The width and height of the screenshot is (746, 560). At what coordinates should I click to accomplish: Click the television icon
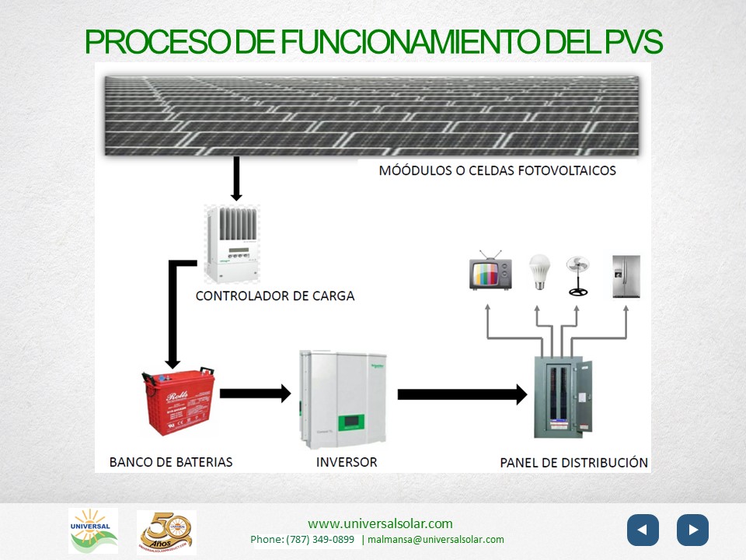[x=490, y=271]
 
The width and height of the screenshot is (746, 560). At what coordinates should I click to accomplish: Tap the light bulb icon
[x=539, y=273]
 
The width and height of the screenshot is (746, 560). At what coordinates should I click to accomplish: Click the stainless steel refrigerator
[x=626, y=276]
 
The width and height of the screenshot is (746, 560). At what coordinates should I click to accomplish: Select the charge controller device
[x=232, y=243]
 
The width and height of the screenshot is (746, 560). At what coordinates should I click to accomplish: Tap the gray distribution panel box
[x=563, y=396]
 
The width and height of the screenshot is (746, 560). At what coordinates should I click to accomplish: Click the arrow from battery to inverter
[x=255, y=394]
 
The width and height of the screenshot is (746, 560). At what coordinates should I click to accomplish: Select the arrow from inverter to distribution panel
[x=462, y=394]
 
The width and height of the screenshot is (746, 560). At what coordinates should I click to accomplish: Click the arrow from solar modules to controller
[x=237, y=178]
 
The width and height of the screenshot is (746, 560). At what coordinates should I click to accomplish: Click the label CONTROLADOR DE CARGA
[x=275, y=296]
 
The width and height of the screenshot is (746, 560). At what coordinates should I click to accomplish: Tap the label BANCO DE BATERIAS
[x=171, y=462]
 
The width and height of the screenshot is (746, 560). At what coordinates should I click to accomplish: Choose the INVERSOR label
[x=347, y=462]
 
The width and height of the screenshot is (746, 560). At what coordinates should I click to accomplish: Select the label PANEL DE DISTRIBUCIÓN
[x=573, y=462]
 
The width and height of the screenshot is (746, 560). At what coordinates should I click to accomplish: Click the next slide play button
[x=692, y=530]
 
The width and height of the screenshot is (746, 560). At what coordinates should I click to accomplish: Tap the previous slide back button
[x=643, y=530]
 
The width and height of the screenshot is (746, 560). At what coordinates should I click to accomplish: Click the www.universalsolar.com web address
[x=380, y=523]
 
